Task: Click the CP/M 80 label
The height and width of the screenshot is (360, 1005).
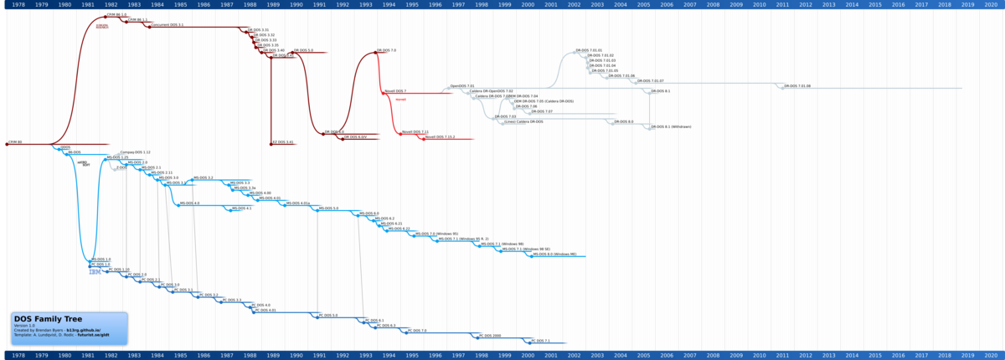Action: tap(15, 142)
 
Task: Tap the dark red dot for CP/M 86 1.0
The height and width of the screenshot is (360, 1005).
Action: tap(105, 16)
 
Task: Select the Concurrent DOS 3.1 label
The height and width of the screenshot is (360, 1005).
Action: tap(167, 25)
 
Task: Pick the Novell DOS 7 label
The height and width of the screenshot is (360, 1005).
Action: tap(395, 90)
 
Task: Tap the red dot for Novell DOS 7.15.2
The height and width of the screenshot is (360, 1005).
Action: tap(424, 136)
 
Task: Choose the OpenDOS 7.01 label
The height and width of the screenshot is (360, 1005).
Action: tap(462, 85)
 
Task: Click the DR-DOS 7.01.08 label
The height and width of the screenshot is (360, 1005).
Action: tap(798, 85)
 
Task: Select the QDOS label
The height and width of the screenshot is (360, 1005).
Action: tap(65, 147)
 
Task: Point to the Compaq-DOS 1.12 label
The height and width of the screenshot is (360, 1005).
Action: tap(135, 152)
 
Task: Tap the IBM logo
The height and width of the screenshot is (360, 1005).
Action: tap(95, 272)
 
